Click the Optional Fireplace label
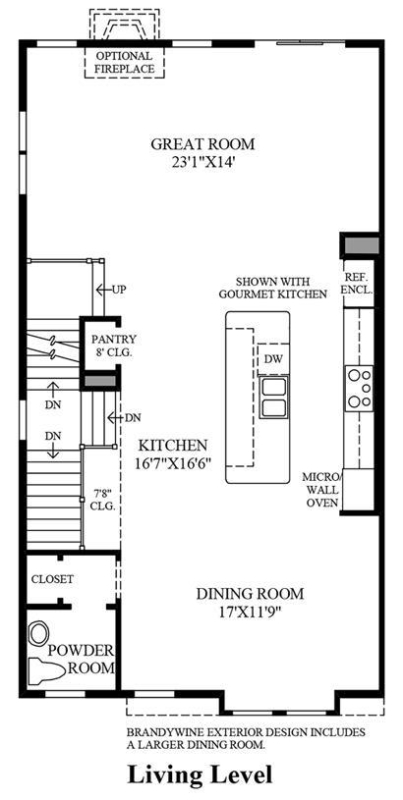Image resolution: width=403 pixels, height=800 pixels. click(x=124, y=62)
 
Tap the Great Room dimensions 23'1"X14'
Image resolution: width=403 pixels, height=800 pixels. click(x=202, y=162)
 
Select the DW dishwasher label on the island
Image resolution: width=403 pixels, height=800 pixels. click(x=273, y=358)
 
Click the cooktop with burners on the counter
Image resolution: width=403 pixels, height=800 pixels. click(x=359, y=389)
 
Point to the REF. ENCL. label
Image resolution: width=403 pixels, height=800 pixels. click(x=358, y=283)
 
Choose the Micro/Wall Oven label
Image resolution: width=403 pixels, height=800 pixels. click(x=321, y=490)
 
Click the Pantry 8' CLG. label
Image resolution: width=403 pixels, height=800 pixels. click(x=113, y=346)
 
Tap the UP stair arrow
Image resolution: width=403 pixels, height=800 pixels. click(x=111, y=290)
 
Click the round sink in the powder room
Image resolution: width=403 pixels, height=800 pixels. click(x=38, y=633)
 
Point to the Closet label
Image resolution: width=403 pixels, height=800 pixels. click(x=52, y=579)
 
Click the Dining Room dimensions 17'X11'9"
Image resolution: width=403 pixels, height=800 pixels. click(x=250, y=602)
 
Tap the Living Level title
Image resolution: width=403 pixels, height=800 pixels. click(x=200, y=775)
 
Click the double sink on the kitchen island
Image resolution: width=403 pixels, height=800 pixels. click(x=273, y=398)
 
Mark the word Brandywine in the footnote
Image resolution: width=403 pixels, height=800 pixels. click(x=155, y=732)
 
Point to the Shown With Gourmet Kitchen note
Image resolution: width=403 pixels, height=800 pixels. click(x=272, y=288)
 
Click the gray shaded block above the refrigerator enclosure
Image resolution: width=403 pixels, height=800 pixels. click(x=361, y=244)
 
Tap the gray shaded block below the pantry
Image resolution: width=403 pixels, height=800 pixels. click(x=100, y=381)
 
